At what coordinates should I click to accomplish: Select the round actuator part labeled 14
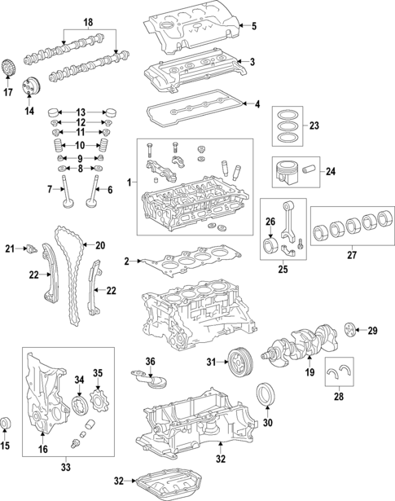coord(33,85)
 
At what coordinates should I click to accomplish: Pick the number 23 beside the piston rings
coord(315,125)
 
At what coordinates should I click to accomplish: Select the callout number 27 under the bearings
coord(353,254)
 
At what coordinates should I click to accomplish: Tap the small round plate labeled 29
coord(350,330)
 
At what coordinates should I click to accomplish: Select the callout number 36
coord(150,362)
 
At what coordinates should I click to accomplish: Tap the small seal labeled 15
coord(9,422)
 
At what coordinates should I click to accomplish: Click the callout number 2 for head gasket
coord(127,261)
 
